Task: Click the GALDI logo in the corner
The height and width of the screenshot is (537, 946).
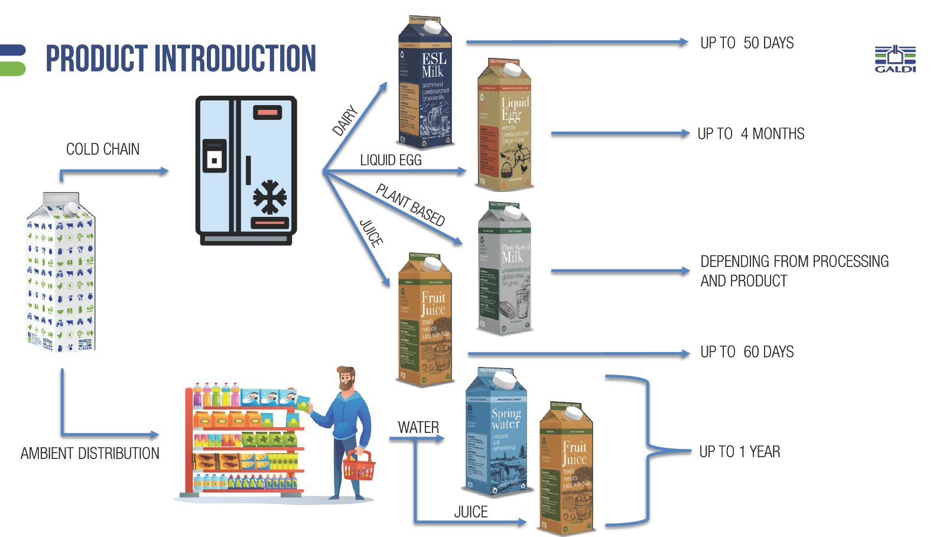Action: [895, 58]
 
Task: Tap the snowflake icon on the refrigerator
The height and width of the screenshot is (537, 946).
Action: [270, 196]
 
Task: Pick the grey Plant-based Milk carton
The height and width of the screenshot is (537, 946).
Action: [504, 269]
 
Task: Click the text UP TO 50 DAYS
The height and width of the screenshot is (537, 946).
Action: [747, 43]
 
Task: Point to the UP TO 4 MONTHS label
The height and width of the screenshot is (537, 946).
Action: [750, 134]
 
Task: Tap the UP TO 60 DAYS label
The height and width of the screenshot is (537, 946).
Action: [747, 352]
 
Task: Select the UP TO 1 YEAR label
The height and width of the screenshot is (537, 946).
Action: [739, 452]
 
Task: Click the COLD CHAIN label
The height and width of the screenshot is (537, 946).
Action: [103, 149]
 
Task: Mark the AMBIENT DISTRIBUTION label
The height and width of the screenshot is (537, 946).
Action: [90, 454]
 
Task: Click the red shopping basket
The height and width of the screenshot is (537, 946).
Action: [359, 467]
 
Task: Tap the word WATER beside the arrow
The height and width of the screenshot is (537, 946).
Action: [418, 428]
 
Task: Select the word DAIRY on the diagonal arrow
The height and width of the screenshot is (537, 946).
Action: [345, 121]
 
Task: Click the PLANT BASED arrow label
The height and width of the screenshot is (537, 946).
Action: [411, 204]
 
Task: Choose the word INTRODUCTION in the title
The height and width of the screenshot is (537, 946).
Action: [235, 59]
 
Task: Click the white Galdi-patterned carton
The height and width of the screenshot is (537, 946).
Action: [61, 272]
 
